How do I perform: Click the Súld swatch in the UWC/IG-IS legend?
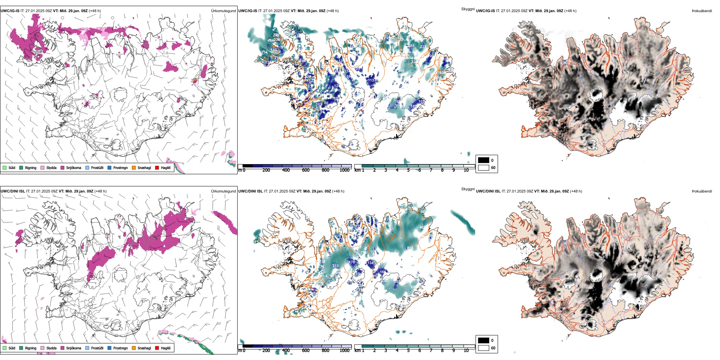[x=5, y=167]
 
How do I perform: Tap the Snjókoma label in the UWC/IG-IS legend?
[x=74, y=168]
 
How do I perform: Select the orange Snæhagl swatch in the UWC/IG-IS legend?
[x=134, y=167]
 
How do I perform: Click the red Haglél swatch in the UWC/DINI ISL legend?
[x=157, y=348]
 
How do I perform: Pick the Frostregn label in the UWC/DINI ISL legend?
[x=121, y=348]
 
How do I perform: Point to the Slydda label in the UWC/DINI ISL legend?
[x=51, y=348]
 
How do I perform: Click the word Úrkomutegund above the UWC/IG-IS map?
[x=223, y=11]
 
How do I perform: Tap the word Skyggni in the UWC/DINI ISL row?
[x=468, y=189]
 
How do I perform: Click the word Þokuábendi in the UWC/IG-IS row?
[x=702, y=11]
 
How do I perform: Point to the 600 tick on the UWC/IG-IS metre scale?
[x=306, y=170]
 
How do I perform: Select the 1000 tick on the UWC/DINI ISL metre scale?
[x=344, y=351]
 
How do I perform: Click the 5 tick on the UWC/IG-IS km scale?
[x=409, y=170]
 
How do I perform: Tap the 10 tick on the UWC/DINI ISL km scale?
[x=466, y=351]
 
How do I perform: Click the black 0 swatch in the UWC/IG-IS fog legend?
[x=484, y=160]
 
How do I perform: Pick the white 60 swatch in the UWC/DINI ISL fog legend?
[x=484, y=348]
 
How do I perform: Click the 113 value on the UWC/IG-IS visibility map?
[x=371, y=80]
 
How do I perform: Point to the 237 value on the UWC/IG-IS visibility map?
[x=423, y=47]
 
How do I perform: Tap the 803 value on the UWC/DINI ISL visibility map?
[x=410, y=248]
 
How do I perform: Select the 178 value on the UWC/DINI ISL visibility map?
[x=352, y=262]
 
